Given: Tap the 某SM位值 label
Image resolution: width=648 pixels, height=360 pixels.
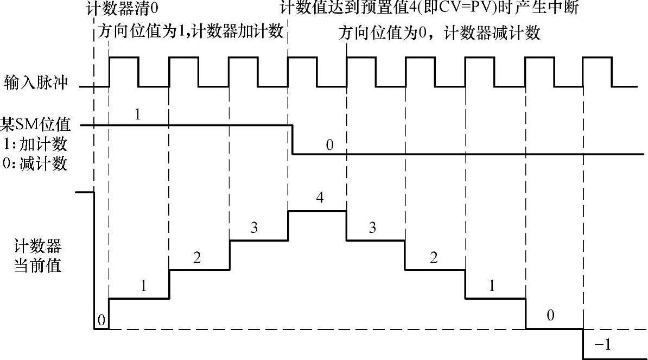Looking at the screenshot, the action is point(36,126).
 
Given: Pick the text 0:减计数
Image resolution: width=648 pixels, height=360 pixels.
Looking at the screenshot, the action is point(36,163).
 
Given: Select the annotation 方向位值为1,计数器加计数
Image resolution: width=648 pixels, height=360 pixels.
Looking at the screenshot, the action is point(190,31).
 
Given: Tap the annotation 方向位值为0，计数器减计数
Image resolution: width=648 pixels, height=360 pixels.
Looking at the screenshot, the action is point(440,33).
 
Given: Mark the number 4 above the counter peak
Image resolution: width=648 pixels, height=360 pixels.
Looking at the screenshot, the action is point(320,198).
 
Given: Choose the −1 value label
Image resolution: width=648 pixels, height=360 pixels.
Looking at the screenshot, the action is point(603,344).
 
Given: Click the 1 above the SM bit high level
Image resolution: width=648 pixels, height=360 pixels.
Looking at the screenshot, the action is point(137,115).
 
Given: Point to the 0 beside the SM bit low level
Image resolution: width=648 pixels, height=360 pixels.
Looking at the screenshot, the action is point(330,145).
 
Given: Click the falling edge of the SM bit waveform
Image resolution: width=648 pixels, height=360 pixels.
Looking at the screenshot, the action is point(293,140).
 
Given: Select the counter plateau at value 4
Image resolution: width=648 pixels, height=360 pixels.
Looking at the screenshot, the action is point(317,211).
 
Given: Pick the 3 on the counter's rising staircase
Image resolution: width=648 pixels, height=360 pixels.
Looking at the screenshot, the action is point(254,228).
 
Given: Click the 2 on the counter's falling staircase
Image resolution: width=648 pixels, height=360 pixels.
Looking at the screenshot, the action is point(433,257).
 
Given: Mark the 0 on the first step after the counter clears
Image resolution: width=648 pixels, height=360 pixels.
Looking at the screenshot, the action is point(101,320).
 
